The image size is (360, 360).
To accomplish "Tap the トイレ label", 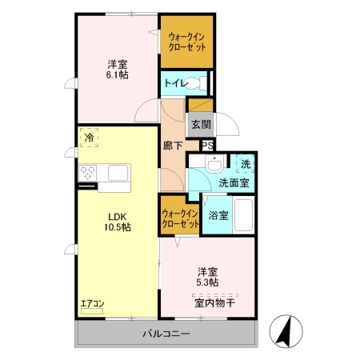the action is (175, 83).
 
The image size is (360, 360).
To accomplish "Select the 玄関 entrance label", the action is (201, 124).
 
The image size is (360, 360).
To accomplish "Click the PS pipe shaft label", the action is (207, 146).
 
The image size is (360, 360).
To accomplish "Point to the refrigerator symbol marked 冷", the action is (89, 138).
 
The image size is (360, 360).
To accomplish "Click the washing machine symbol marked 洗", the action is (246, 163).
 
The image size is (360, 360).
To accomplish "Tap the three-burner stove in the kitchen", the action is (87, 173).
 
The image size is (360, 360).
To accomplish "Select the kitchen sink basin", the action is (118, 173).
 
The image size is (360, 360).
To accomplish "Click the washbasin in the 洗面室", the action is (214, 163).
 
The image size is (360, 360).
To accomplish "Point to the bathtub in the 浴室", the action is (243, 215).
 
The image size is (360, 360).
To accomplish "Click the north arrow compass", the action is (286, 331).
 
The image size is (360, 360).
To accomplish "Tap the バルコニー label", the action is (166, 334).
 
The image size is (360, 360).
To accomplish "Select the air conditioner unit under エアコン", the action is (92, 311).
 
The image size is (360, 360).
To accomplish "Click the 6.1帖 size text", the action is (118, 75).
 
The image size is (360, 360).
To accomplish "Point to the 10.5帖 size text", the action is (118, 227).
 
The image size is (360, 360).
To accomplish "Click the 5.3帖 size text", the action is (207, 282).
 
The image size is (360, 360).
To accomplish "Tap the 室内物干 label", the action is (214, 303).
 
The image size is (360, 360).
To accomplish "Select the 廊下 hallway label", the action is (173, 146).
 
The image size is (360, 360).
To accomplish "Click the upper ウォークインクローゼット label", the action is (187, 42).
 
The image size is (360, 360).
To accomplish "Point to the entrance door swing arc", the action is (231, 121).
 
